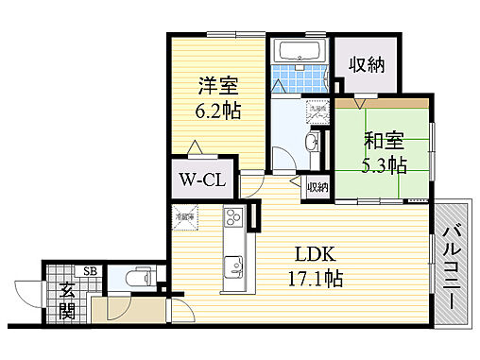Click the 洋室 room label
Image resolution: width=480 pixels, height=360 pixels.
[217, 86]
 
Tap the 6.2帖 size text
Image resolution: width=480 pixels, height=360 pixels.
[218, 111]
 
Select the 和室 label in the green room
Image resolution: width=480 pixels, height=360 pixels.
[385, 142]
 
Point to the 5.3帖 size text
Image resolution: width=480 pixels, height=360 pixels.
[385, 165]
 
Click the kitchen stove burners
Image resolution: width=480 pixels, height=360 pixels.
[232, 222]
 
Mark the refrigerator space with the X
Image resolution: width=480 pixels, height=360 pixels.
[185, 218]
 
